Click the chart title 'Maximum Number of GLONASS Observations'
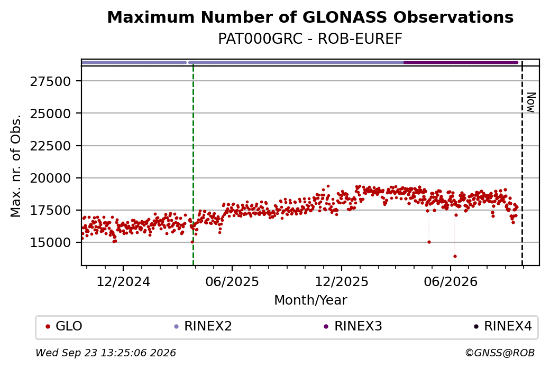click(310, 17)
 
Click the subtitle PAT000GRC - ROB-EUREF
click(310, 39)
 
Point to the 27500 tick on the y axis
click(51, 82)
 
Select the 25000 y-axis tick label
click(51, 114)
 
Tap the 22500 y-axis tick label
click(51, 146)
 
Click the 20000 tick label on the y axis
click(51, 178)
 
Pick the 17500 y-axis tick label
click(51, 211)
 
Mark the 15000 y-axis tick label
click(51, 243)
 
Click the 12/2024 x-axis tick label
click(123, 282)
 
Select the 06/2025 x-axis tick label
click(232, 282)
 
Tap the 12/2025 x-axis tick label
click(342, 282)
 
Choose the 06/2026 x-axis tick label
click(451, 282)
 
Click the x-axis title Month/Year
click(310, 300)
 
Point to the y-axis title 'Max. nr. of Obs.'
click(16, 166)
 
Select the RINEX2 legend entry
click(203, 326)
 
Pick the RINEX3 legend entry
click(353, 326)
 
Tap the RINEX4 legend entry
click(502, 326)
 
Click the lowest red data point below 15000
click(455, 256)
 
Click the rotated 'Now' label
click(531, 102)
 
